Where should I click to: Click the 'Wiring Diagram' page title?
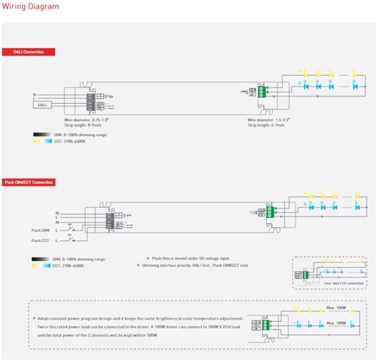(30, 7)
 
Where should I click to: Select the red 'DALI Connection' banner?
(28, 52)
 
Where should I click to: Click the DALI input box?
(42, 105)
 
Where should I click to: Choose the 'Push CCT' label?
(40, 240)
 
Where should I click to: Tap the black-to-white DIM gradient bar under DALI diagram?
(42, 134)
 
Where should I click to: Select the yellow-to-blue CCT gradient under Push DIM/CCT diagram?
(42, 266)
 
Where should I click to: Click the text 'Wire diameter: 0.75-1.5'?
(87, 120)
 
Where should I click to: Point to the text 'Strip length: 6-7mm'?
(265, 125)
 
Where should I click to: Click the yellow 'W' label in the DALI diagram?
(300, 72)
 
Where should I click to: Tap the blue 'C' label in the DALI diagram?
(300, 85)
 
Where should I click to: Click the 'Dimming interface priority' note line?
(194, 265)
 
